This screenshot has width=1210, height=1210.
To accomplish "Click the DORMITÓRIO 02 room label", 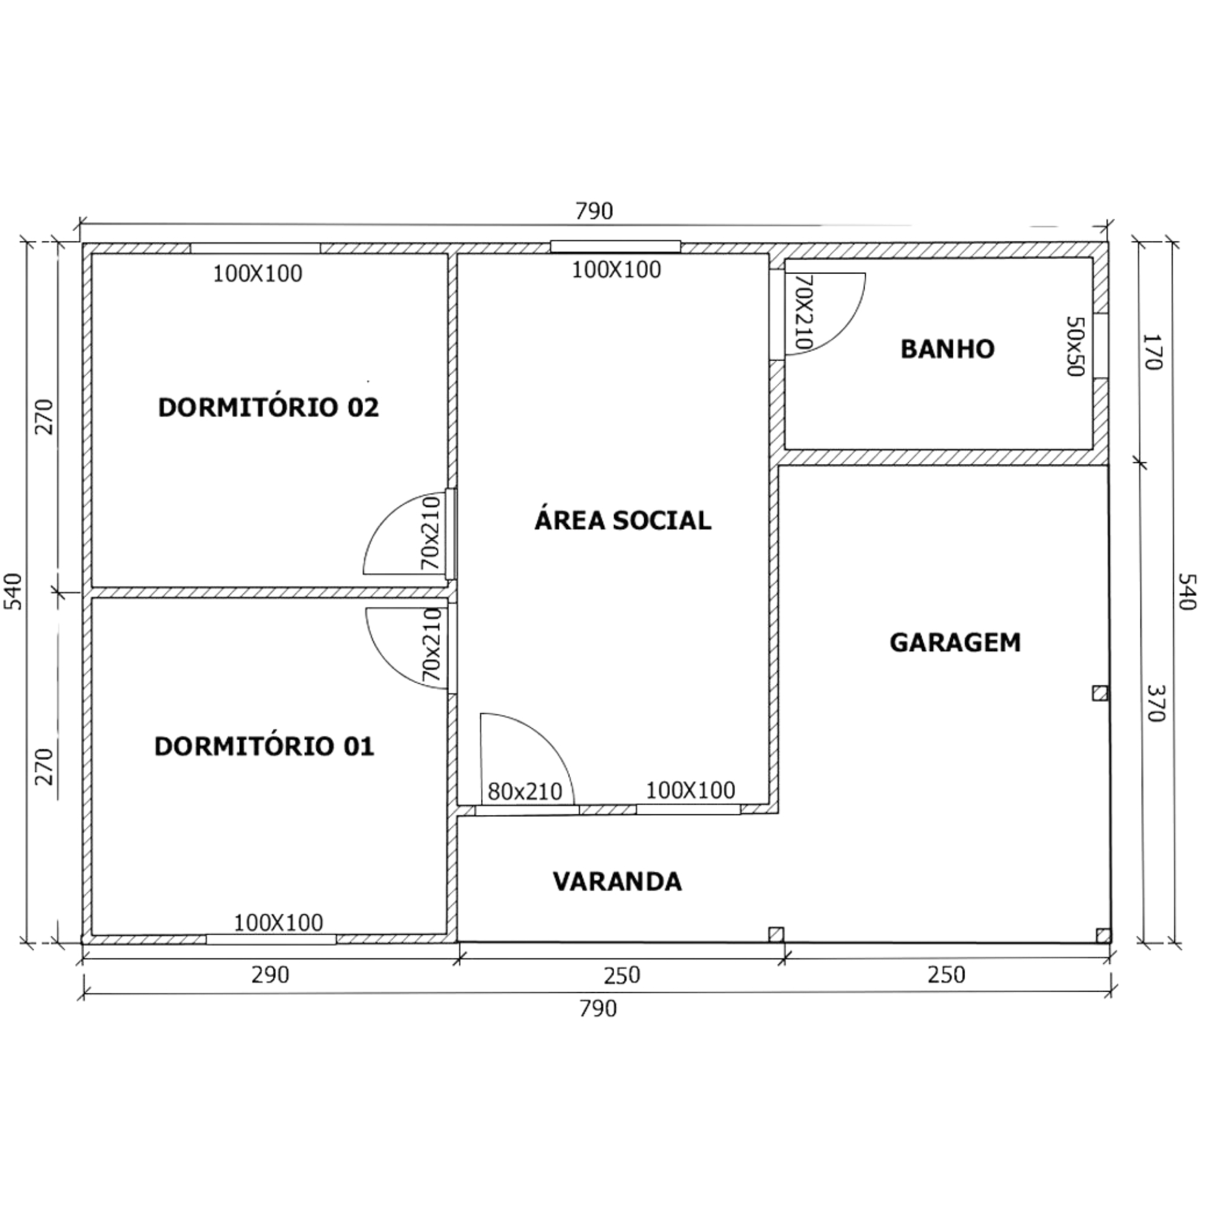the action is point(268,408).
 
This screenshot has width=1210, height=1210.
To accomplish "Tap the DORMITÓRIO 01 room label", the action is point(264,746).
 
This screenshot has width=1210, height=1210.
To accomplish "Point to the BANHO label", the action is point(947,349).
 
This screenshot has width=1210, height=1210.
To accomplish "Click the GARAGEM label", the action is point(955,642).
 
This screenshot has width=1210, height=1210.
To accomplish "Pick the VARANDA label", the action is point(617,881).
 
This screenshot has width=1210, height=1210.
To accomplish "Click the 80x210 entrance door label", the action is point(525,791).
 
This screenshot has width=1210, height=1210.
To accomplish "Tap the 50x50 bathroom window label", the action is point(1074,345).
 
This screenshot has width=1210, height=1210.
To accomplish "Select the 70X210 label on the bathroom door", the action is point(803,311).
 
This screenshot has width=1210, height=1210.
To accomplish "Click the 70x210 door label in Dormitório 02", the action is point(431,533).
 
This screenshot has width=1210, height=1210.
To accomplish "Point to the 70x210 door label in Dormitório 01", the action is point(432,645).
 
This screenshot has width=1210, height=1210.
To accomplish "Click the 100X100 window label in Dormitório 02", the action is point(257,273).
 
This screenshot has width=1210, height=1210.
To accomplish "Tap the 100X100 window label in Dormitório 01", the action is point(278,923).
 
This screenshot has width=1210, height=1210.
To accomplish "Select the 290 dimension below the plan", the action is point(270,975).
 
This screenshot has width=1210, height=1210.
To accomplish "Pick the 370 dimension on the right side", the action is point(1156,702).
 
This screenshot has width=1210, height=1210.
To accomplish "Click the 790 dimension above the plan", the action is point(594,211).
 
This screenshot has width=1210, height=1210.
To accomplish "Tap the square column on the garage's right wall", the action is point(1100,693).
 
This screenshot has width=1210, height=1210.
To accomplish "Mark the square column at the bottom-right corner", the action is point(1104,936).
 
